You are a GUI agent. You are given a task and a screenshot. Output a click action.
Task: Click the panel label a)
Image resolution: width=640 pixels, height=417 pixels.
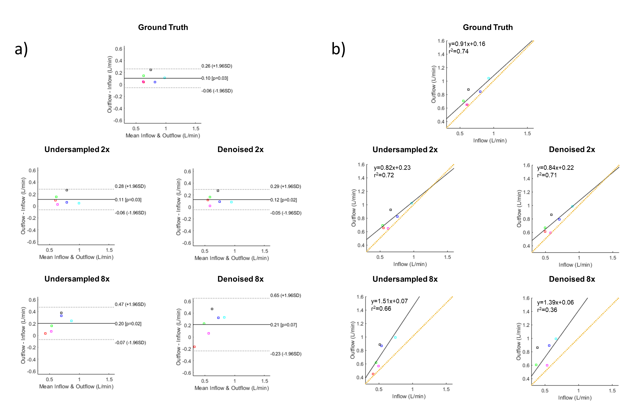21,50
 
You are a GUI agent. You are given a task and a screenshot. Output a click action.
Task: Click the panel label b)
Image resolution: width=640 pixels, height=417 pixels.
338,50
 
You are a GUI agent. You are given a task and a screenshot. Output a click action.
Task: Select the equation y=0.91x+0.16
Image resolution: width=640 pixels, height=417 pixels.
467,44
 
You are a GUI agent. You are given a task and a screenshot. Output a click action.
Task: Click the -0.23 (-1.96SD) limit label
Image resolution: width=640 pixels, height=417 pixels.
286,354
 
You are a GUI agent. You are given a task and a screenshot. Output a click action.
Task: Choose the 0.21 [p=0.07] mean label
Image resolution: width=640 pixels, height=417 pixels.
284,325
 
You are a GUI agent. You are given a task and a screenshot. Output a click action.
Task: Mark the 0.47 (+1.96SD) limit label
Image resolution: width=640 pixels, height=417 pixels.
130,304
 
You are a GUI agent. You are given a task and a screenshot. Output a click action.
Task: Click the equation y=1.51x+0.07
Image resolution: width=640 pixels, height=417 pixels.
389,301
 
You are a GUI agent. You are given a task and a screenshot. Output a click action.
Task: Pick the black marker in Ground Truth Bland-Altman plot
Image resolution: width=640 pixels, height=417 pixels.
151,70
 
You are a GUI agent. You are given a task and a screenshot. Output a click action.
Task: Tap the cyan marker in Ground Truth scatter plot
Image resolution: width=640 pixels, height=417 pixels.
489,78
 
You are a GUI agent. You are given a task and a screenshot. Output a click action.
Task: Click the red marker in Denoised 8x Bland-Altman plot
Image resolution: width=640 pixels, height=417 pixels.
194,347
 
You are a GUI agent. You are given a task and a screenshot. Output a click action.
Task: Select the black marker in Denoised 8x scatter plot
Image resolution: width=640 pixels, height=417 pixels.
537,348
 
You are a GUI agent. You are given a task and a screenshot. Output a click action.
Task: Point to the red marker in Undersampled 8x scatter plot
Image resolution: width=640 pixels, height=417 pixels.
373,374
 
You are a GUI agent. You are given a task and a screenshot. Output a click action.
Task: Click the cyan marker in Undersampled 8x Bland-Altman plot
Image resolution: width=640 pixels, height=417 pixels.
71,321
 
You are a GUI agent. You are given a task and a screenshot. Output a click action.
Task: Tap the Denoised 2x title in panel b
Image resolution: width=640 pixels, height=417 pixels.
572,149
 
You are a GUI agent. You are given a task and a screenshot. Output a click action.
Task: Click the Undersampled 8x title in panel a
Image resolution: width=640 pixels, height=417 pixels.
77,279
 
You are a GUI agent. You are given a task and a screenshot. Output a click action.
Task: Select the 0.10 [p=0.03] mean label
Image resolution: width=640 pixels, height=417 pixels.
215,78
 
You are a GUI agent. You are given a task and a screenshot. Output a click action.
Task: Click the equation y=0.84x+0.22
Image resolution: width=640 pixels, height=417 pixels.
555,168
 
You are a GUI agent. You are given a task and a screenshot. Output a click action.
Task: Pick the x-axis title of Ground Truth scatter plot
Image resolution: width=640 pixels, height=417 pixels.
490,141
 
